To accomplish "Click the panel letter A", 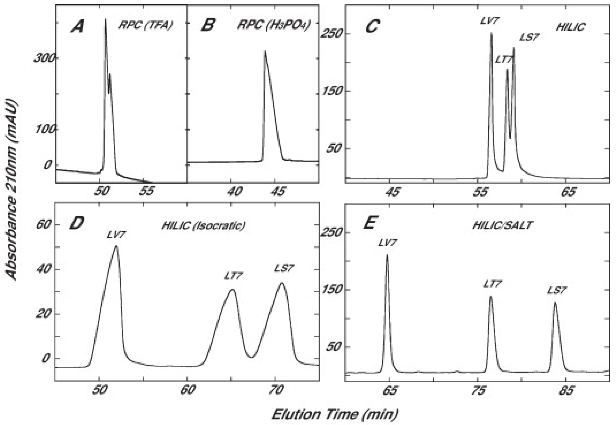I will coord(77,27).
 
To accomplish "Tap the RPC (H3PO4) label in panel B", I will coord(273,26).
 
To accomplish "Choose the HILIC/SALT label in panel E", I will coord(502,225).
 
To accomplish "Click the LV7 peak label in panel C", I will coord(490,20).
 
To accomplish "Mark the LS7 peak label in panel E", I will coord(557,291).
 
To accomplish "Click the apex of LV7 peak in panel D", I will coord(116,246).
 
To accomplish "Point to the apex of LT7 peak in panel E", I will coord(491,296).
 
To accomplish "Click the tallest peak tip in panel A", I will coord(105,19).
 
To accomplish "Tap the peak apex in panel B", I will coord(265,51).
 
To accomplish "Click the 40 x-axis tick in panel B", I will coord(235,191).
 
